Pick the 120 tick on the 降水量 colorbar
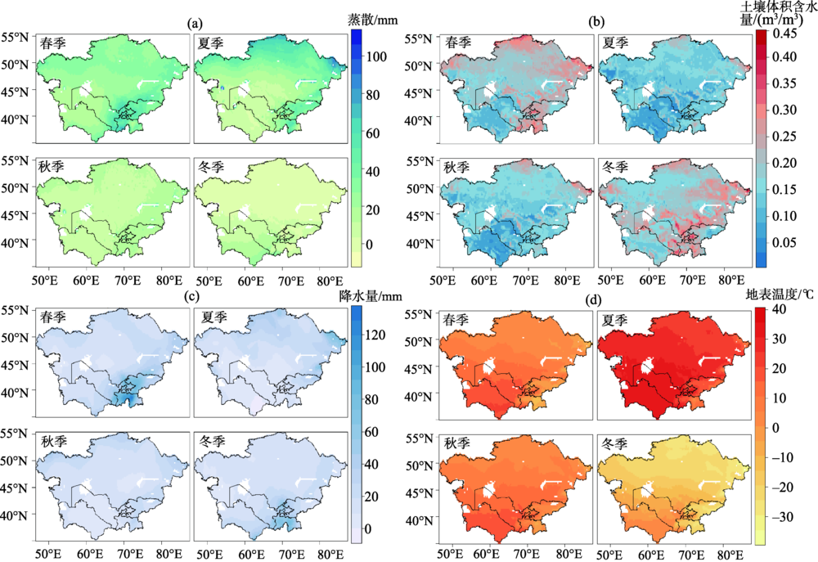point(378,335)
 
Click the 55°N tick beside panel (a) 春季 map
point(16,38)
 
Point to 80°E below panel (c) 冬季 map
point(327,554)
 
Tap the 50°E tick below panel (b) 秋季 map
point(446,281)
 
